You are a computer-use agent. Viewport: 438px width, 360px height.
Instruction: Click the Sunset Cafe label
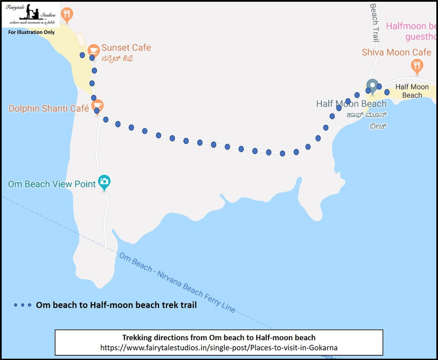[x=126, y=48]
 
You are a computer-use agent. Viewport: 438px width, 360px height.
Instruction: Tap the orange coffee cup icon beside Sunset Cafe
[x=93, y=49]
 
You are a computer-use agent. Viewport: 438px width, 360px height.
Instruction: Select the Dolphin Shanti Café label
[x=49, y=108]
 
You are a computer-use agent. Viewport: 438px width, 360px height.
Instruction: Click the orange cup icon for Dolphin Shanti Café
[x=97, y=105]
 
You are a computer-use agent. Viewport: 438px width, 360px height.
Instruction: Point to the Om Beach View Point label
[x=52, y=184]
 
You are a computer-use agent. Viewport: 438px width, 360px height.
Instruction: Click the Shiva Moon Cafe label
[x=396, y=53]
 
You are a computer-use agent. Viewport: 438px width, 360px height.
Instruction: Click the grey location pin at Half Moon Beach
[x=372, y=85]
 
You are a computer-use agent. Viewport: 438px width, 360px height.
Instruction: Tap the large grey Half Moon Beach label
[x=351, y=104]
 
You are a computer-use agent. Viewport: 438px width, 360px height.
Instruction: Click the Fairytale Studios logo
[x=31, y=14]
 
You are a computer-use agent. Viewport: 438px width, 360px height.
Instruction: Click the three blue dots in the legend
[x=22, y=305]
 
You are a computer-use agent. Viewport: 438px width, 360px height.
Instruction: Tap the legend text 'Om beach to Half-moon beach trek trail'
[x=116, y=305]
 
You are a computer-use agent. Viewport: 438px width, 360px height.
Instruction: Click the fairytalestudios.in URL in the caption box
[x=219, y=347]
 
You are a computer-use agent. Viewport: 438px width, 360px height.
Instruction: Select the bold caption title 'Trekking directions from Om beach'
[x=219, y=338]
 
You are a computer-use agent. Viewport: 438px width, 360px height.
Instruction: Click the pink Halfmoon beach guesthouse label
[x=412, y=32]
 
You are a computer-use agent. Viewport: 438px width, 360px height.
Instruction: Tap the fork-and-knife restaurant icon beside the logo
[x=67, y=15]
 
